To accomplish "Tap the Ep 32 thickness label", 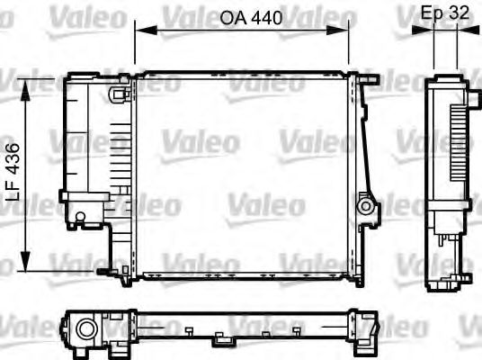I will click(x=446, y=13).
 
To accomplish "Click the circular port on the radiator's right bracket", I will click(x=365, y=206).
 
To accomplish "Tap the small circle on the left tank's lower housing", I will click(x=80, y=216).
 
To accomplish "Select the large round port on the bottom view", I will click(x=87, y=329).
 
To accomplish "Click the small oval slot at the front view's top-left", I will click(x=117, y=93).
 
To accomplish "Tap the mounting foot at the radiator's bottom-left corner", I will click(x=112, y=270).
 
